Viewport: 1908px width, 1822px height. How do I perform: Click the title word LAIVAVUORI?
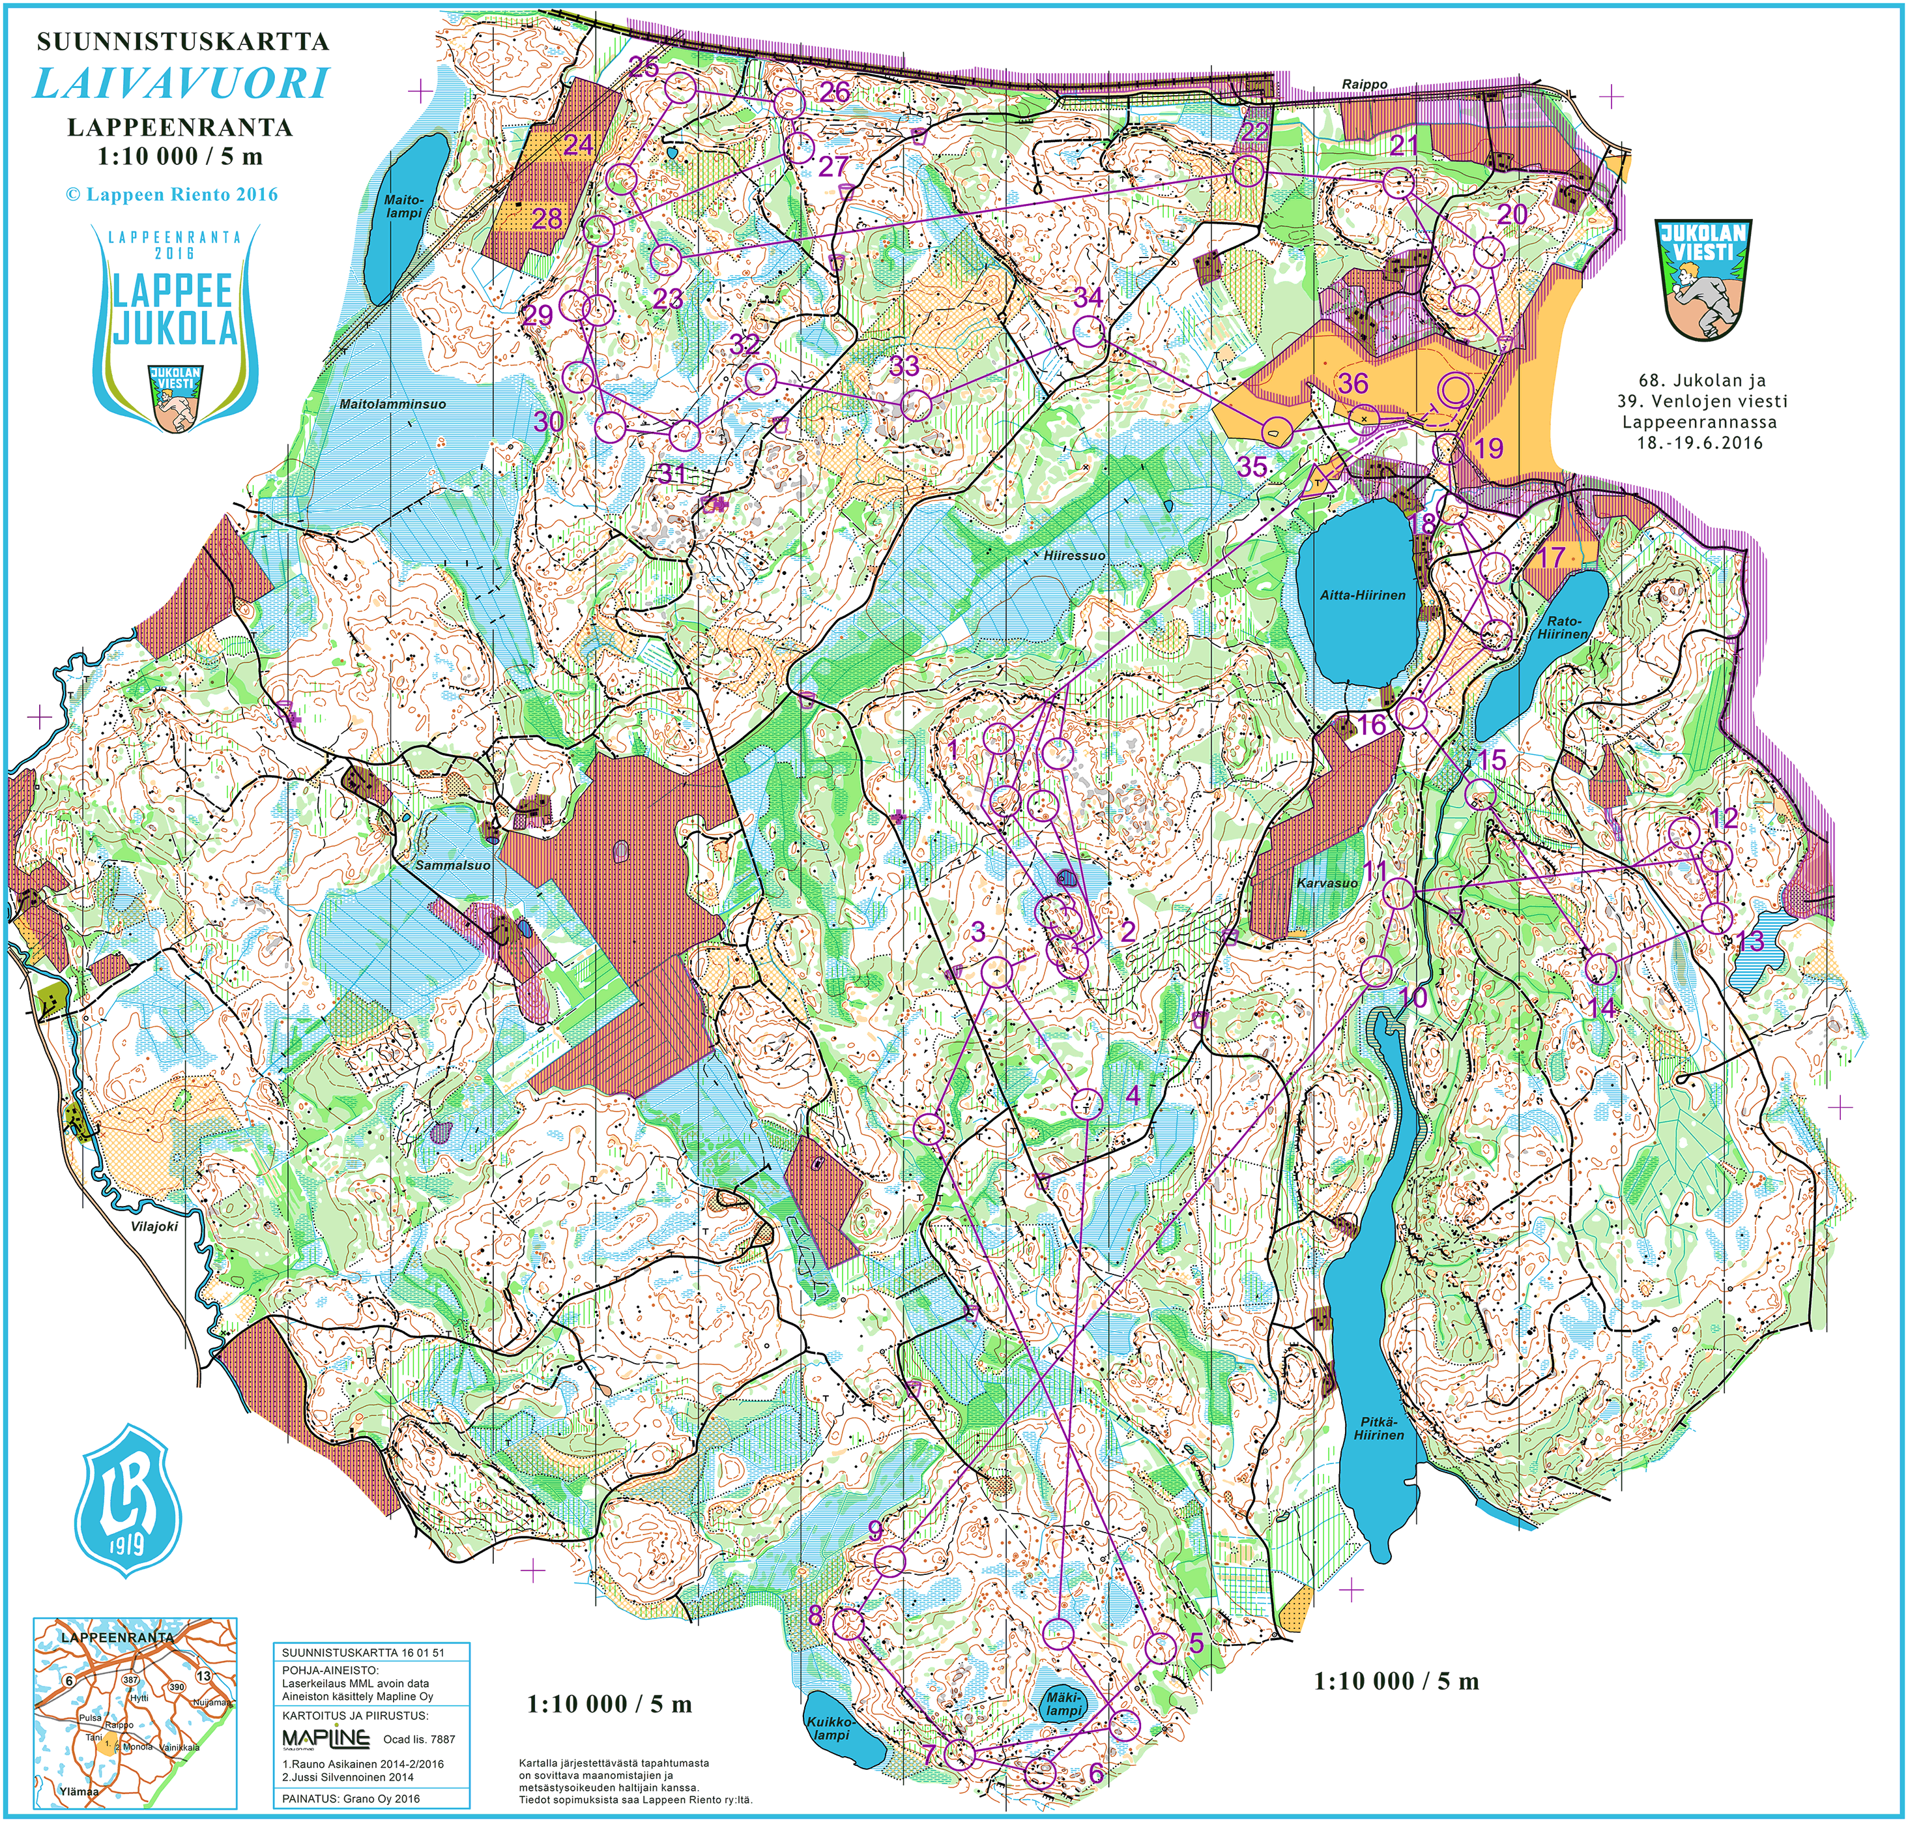(182, 83)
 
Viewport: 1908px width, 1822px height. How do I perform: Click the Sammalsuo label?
(452, 864)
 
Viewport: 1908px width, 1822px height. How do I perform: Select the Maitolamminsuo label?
(392, 404)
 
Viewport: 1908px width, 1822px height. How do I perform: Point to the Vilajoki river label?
(153, 1226)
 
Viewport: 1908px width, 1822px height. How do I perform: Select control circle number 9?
(889, 1561)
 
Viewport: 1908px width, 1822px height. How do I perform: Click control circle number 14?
(1600, 968)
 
